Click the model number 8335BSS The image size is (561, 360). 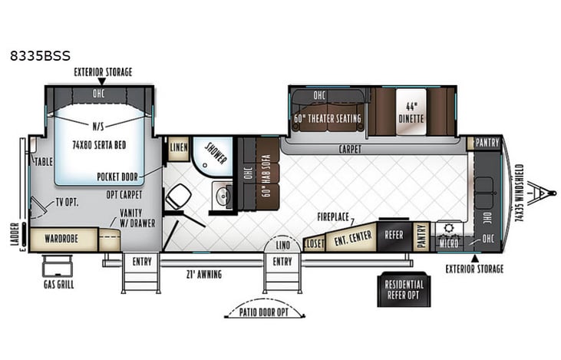coord(40,56)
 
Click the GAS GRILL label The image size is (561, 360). coord(58,284)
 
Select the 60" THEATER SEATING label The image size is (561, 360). coord(327,119)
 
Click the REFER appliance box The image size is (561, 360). coord(394,236)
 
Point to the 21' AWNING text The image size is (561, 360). coord(205,273)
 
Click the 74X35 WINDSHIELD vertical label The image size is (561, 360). coord(519,193)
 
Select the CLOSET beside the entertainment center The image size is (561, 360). coord(314,243)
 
